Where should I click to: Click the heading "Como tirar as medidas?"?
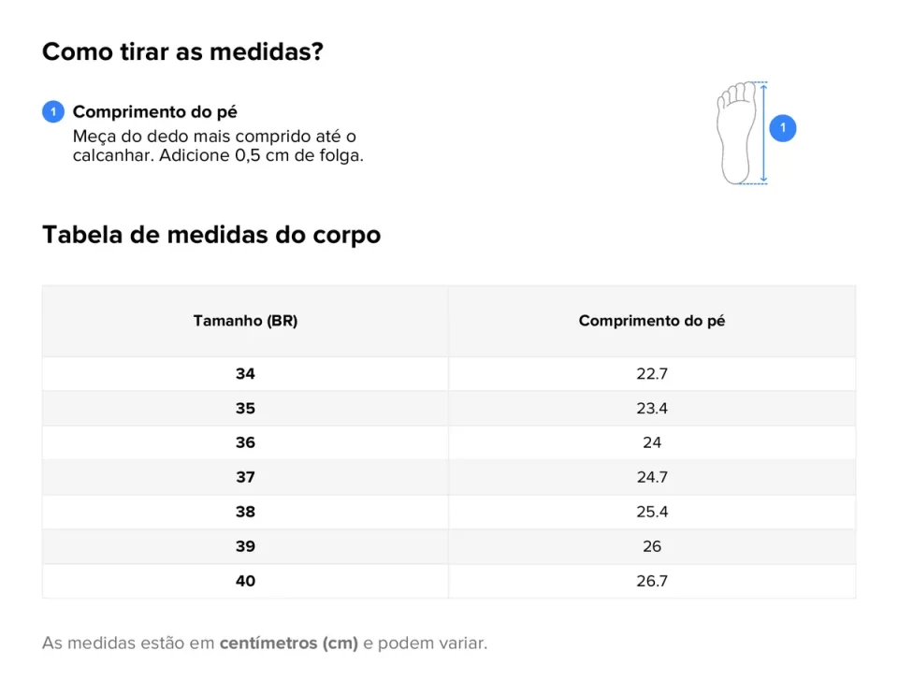click(x=182, y=52)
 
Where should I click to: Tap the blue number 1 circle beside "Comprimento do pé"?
click(x=53, y=112)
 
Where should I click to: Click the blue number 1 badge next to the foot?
click(x=783, y=128)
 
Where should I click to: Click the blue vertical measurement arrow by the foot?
click(x=763, y=132)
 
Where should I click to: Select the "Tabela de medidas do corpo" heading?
click(x=211, y=235)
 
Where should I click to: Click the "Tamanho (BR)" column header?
click(x=245, y=321)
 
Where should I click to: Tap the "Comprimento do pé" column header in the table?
click(x=651, y=321)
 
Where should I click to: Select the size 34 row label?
click(x=245, y=374)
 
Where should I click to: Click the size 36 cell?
click(x=245, y=442)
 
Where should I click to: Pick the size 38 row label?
click(x=245, y=512)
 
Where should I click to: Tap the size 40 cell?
click(x=245, y=581)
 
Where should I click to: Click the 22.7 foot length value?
click(x=651, y=374)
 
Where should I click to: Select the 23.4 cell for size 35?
click(x=651, y=409)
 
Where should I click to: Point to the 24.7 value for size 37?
click(x=651, y=477)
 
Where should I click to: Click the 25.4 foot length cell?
click(x=651, y=512)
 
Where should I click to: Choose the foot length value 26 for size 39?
click(x=651, y=546)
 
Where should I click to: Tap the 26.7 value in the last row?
click(x=651, y=581)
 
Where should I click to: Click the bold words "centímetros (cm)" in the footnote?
click(x=288, y=643)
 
